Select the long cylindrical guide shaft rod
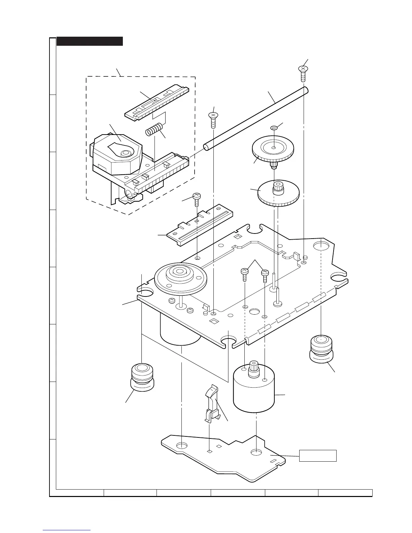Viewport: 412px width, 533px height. [256, 118]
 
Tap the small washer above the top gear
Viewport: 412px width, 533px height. [274, 128]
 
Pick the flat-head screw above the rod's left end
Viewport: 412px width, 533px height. [213, 119]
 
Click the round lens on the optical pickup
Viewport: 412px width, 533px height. [126, 153]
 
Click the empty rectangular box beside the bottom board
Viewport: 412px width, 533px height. [318, 455]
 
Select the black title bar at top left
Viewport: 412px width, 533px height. [90, 41]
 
